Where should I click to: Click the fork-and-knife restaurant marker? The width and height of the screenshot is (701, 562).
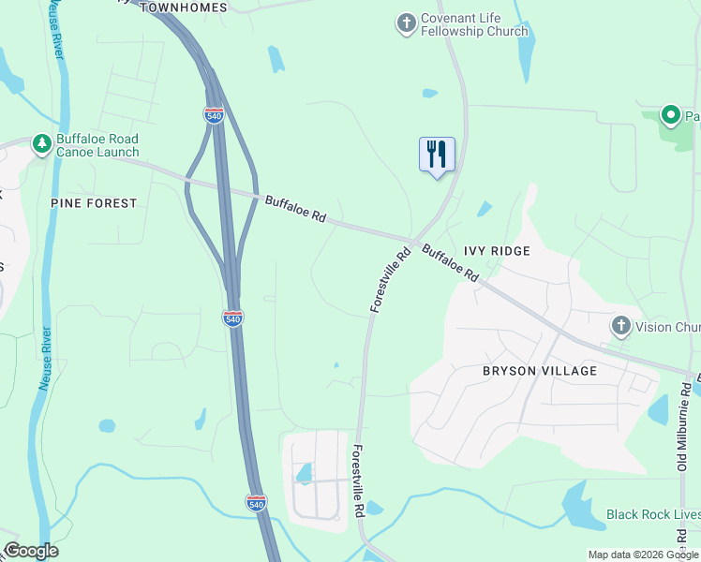click(x=437, y=155)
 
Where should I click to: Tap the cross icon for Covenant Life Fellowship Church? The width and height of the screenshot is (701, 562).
click(x=406, y=23)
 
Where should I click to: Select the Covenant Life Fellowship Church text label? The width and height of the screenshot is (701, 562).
click(x=461, y=24)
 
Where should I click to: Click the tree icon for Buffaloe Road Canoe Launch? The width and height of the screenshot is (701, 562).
click(x=41, y=144)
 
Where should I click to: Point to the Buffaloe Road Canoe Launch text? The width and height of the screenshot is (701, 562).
click(x=97, y=145)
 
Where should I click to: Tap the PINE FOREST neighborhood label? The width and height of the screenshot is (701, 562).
click(x=95, y=203)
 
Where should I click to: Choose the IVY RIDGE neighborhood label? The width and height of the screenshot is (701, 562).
click(x=497, y=251)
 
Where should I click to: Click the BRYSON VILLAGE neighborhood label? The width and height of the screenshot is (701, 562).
click(x=539, y=371)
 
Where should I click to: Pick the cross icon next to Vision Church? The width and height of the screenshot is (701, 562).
click(x=619, y=327)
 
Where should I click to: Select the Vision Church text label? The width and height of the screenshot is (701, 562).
click(x=667, y=328)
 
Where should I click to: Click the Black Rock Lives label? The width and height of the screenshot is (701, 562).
click(x=652, y=514)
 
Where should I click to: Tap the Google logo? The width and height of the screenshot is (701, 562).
click(x=31, y=551)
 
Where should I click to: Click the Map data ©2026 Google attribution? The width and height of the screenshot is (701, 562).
click(x=643, y=555)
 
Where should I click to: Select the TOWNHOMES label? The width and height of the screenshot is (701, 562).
click(x=184, y=7)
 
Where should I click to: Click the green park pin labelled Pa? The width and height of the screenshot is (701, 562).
click(x=671, y=116)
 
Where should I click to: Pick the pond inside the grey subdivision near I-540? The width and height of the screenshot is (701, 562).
click(x=304, y=473)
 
